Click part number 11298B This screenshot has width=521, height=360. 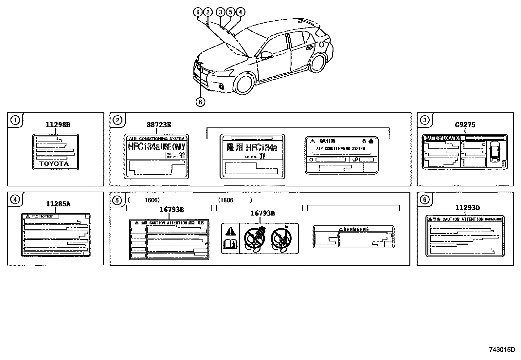coord(58,124)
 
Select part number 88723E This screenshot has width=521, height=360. coord(159,124)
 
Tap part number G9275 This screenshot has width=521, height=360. coord(465,124)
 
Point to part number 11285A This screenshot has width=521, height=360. coord(58,204)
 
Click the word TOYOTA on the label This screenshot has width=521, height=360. coord(54,164)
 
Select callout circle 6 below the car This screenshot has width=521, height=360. coord(200,102)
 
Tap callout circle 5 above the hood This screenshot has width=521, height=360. coord(230,12)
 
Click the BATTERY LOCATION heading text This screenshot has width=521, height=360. coord(443,138)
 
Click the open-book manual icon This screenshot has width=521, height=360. coord(230,244)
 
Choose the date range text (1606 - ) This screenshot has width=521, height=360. coord(235,200)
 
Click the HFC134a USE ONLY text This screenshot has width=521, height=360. coord(156,146)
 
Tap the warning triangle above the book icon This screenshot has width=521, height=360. coord(230,232)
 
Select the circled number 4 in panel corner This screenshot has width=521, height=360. coord(15,199)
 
